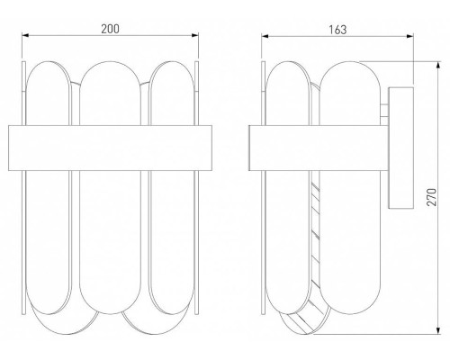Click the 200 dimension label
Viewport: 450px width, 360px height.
pos(110,29)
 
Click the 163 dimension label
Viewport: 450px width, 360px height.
pos(337,30)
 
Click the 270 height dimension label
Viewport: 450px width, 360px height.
pos(432,197)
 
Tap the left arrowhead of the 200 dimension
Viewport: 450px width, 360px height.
pos(25,35)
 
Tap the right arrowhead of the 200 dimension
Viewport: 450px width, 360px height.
pos(195,35)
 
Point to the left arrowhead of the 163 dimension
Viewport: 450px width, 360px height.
pos(265,36)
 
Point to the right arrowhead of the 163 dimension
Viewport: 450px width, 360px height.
pos(410,36)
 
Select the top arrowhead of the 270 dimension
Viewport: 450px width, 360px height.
pos(438,65)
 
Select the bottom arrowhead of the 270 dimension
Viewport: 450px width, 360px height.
pos(438,330)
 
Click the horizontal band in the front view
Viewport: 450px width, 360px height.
pos(110,148)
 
